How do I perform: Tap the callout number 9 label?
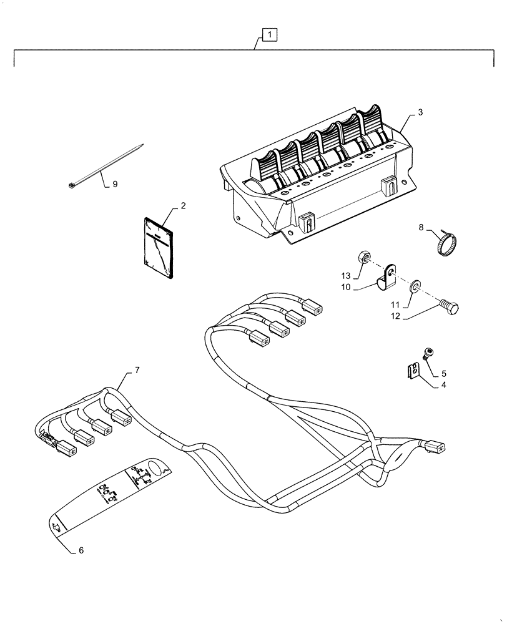pyautogui.click(x=114, y=184)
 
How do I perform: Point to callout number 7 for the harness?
pyautogui.click(x=137, y=371)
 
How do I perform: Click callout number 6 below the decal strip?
pyautogui.click(x=81, y=550)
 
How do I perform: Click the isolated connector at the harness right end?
pyautogui.click(x=435, y=446)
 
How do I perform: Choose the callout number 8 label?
pyautogui.click(x=420, y=228)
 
